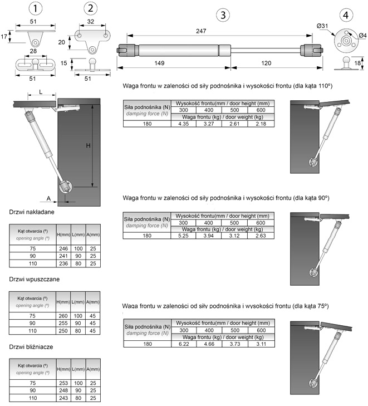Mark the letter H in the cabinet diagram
pyautogui.click(x=88, y=145)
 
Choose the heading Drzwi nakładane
pyautogui.click(x=32, y=212)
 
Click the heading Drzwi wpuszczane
pyautogui.click(x=35, y=278)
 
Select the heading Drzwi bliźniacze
pyautogui.click(x=31, y=346)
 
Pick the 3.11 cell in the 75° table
pyautogui.click(x=260, y=344)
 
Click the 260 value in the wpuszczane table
pyautogui.click(x=62, y=315)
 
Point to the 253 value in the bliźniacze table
pyautogui.click(x=62, y=383)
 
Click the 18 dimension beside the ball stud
pyautogui.click(x=357, y=63)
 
